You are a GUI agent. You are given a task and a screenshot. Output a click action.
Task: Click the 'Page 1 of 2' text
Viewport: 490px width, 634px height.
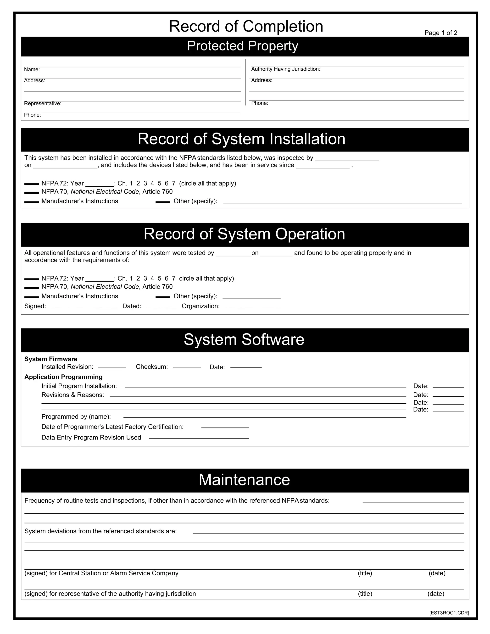(x=440, y=33)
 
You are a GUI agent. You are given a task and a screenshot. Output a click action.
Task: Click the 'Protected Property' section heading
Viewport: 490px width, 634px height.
(x=242, y=46)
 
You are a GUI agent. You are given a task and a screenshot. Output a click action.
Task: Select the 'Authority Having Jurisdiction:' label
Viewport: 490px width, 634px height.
(x=285, y=69)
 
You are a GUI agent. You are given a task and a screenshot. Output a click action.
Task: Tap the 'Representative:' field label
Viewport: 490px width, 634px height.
(x=43, y=104)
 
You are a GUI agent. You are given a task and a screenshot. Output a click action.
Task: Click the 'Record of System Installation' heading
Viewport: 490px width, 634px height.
(x=241, y=139)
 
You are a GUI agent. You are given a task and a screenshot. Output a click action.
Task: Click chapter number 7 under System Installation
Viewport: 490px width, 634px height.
(x=174, y=184)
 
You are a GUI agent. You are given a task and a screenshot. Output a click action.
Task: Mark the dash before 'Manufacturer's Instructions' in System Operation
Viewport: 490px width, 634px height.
(x=31, y=297)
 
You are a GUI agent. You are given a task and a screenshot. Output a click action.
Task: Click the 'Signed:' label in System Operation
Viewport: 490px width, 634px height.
(x=35, y=306)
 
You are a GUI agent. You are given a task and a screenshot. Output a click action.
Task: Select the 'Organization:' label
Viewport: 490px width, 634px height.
(x=200, y=306)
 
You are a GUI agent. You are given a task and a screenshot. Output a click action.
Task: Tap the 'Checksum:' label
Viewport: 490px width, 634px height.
(x=152, y=367)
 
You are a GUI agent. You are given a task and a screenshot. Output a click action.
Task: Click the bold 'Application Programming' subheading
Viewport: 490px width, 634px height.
(x=64, y=377)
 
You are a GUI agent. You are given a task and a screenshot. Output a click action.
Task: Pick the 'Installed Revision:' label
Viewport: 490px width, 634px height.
(x=67, y=367)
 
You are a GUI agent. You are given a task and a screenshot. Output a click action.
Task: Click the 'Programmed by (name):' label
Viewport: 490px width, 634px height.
(x=76, y=417)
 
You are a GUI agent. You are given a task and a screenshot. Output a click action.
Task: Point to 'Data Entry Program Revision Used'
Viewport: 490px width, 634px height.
(x=91, y=438)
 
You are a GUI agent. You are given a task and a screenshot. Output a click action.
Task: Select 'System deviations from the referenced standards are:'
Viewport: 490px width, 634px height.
(x=100, y=531)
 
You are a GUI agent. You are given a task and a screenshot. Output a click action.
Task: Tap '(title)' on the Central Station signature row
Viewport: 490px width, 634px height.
(x=365, y=573)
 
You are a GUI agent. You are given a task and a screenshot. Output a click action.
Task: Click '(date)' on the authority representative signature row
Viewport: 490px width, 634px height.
(x=436, y=594)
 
